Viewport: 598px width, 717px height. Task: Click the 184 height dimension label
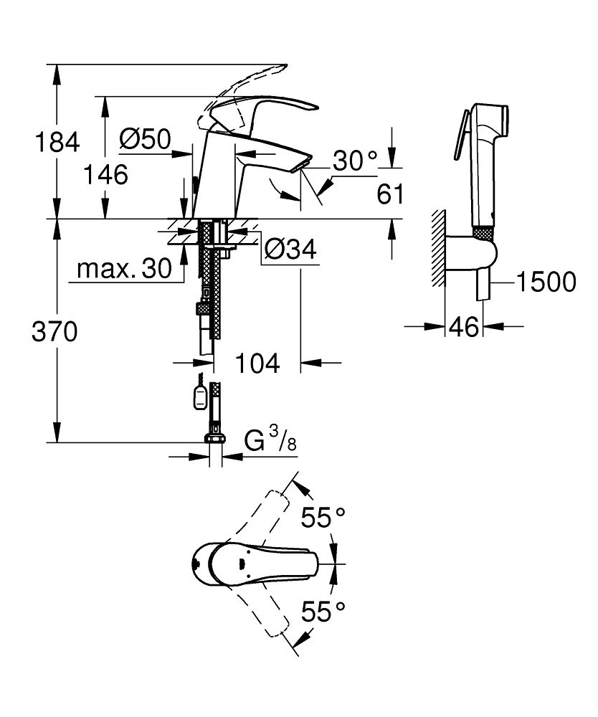pos(57,142)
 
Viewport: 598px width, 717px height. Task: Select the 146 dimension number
pos(105,175)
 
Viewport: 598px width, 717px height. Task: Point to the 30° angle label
pos(355,161)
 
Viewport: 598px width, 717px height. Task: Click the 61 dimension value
pos(390,194)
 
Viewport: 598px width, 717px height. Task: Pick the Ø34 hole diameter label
pos(291,250)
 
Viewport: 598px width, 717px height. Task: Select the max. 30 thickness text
pos(124,269)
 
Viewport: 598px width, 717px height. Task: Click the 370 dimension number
pos(54,331)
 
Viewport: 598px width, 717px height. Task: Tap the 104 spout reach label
pos(257,364)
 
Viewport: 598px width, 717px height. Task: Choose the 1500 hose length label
pos(546,282)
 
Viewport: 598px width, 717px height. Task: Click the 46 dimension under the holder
pos(464,327)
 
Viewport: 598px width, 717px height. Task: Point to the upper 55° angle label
pos(323,518)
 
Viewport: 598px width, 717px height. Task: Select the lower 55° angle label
pos(323,611)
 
